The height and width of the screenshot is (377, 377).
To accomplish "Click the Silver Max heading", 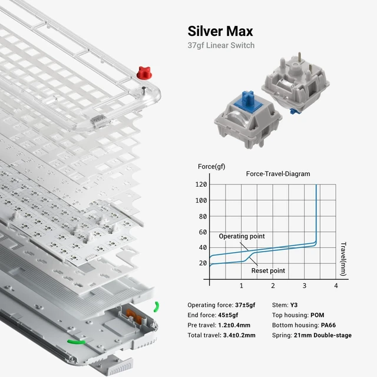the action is coord(220,31).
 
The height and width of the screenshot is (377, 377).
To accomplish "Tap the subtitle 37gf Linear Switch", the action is coord(221,45).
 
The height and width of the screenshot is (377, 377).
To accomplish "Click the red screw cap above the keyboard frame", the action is coord(144,72).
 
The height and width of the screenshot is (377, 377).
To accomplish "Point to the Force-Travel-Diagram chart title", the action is coord(278,174).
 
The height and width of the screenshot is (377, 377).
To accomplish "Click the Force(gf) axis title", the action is coord(211,167).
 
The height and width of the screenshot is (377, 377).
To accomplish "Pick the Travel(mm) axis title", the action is coord(343,259).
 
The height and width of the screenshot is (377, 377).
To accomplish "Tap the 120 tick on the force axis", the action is coord(201,184).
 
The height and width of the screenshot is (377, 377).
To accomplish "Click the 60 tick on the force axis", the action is coord(203,232).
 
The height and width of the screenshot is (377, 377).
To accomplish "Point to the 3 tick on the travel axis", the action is coord(305,286).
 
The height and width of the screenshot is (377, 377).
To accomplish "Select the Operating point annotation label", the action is coord(242,236).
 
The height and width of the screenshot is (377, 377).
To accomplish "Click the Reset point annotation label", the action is coord(268,271).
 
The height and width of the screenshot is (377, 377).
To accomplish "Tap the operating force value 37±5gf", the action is coord(245,305).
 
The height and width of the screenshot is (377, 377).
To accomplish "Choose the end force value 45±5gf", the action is coord(228,315).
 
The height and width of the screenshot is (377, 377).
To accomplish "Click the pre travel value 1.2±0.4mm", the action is coord(234,325).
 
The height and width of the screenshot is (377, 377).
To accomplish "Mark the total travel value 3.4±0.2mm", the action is coord(239,335).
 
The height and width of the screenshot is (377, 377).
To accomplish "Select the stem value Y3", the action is coord(293,305).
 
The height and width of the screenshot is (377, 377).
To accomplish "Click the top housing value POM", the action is coord(317,315).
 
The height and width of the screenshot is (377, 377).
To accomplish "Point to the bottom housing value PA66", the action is coord(328,325).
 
